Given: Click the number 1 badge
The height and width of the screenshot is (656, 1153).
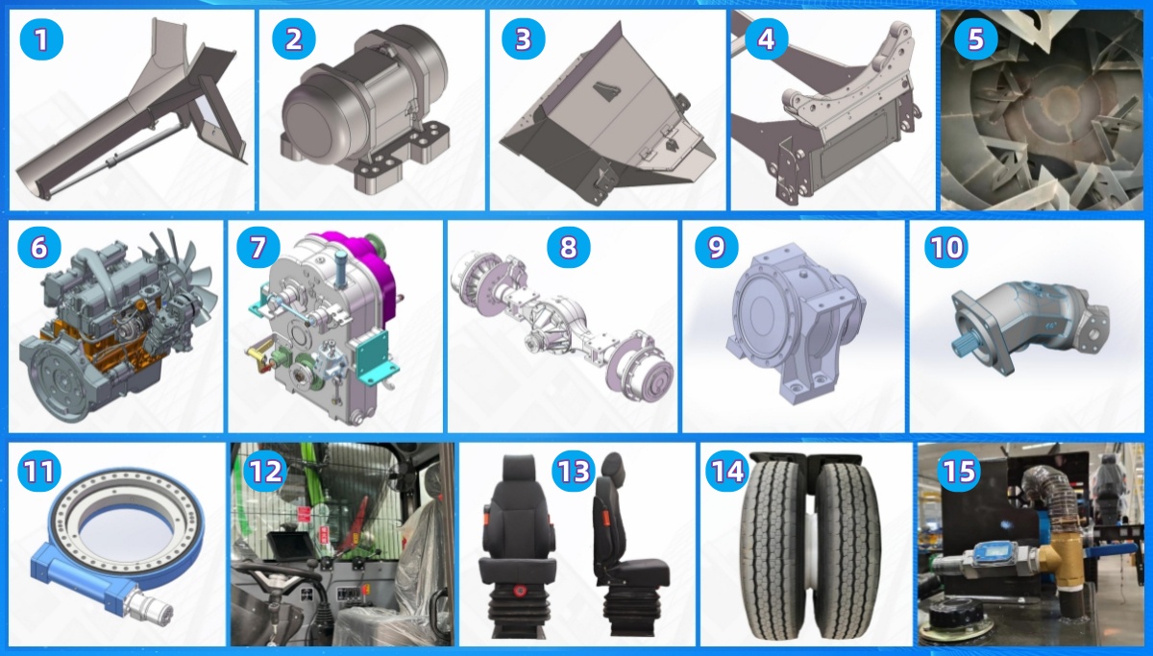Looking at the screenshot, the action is tap(41, 39).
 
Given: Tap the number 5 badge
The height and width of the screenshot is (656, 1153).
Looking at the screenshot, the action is tap(975, 39).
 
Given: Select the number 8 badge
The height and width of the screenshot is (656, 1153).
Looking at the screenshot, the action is tap(568, 248).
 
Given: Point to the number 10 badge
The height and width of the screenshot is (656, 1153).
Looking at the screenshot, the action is tap(946, 248).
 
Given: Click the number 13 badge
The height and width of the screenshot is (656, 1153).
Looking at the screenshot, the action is tap(574, 472).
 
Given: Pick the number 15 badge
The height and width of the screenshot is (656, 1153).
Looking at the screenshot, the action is tap(959, 472).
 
